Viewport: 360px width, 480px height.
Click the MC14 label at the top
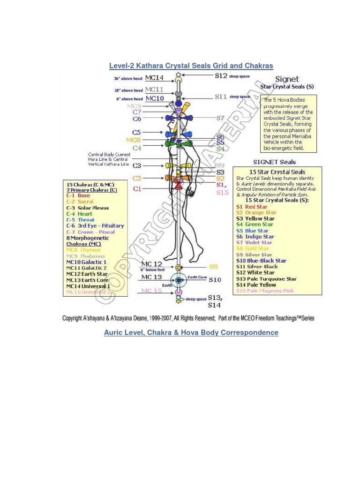click(x=154, y=77)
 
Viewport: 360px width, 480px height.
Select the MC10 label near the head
click(x=154, y=98)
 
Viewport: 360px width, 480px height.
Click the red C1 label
click(x=137, y=189)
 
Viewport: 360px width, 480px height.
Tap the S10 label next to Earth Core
click(x=215, y=280)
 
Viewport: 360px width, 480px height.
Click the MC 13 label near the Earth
click(x=151, y=277)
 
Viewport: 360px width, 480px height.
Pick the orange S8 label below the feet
click(x=213, y=266)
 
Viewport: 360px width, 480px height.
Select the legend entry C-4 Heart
click(x=79, y=214)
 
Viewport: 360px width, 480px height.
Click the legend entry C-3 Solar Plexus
click(x=88, y=208)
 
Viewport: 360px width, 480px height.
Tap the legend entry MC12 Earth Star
click(x=87, y=274)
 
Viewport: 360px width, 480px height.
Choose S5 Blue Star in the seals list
click(x=252, y=231)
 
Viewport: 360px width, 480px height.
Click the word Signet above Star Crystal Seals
click(x=287, y=79)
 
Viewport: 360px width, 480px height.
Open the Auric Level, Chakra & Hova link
click(x=191, y=333)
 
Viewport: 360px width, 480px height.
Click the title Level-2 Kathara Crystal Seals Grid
click(x=191, y=66)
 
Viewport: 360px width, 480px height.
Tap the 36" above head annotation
click(x=127, y=79)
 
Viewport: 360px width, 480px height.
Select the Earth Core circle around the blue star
click(x=179, y=280)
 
